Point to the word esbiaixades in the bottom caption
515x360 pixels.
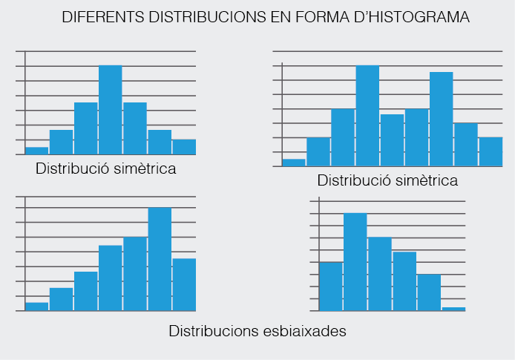point(302,330)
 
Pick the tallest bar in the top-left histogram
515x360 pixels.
point(111,110)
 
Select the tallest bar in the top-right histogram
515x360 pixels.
point(367,116)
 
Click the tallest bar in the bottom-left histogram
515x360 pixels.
point(160,259)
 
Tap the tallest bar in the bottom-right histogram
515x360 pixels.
point(355,262)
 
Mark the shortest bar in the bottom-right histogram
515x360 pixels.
point(453,309)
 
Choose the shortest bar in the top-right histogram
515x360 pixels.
point(294,163)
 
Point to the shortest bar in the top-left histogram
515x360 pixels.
point(37,151)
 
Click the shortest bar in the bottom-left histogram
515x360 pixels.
point(37,307)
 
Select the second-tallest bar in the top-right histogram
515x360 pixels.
point(441,119)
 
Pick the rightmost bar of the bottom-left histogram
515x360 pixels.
point(184,284)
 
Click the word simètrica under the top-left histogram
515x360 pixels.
point(140,168)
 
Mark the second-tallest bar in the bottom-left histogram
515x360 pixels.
point(135,274)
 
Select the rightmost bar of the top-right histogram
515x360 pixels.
point(491,151)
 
